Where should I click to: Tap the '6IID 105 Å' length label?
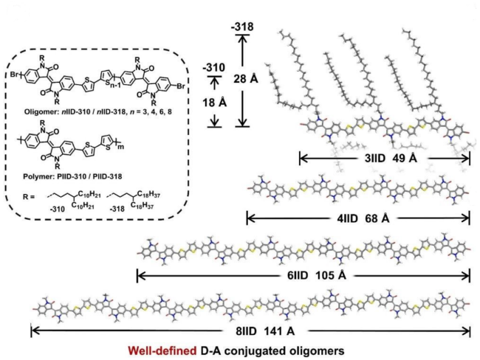(x=317, y=276)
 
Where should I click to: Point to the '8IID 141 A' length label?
(x=265, y=331)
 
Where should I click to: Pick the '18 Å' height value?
(x=214, y=103)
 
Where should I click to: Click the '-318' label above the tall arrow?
(x=242, y=27)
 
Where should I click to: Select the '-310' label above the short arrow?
(x=213, y=67)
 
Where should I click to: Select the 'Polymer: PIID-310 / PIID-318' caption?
(x=72, y=176)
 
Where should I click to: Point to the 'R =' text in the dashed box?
(x=29, y=197)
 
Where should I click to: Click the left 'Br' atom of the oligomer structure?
(x=14, y=75)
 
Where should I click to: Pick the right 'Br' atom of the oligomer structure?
(x=181, y=86)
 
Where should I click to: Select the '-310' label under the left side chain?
(x=57, y=210)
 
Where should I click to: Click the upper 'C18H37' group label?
(x=148, y=195)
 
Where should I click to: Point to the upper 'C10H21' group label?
(x=89, y=195)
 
